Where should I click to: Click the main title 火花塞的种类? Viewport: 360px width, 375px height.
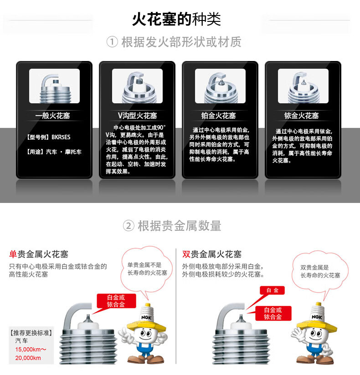pyautogui.click(x=176, y=19)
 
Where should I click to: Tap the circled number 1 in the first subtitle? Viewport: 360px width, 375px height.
pyautogui.click(x=112, y=42)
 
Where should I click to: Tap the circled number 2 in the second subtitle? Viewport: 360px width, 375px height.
pyautogui.click(x=129, y=226)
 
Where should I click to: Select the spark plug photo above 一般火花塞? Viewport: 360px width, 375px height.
pyautogui.click(x=54, y=86)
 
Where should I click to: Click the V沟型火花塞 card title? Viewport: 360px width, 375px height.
pyautogui.click(x=137, y=116)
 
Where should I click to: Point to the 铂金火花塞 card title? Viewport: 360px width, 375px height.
pyautogui.click(x=218, y=116)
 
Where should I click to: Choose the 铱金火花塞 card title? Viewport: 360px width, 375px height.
pyautogui.click(x=301, y=116)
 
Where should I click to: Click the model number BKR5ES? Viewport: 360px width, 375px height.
pyautogui.click(x=61, y=137)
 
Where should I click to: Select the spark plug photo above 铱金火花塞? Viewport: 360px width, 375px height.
pyautogui.click(x=303, y=86)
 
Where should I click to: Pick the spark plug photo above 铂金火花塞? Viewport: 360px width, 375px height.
pyautogui.click(x=220, y=86)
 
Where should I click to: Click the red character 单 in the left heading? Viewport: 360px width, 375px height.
pyautogui.click(x=13, y=254)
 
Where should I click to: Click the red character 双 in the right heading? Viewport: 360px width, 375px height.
pyautogui.click(x=186, y=254)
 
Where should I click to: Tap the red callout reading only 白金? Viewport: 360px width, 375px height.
pyautogui.click(x=273, y=290)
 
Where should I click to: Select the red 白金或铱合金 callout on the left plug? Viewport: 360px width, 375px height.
pyautogui.click(x=116, y=301)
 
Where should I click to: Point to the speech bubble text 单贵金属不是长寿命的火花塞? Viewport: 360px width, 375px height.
pyautogui.click(x=147, y=269)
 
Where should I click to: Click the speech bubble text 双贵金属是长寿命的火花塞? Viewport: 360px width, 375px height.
pyautogui.click(x=320, y=271)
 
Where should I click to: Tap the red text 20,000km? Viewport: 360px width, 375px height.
pyautogui.click(x=28, y=358)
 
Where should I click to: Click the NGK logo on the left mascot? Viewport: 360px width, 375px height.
pyautogui.click(x=146, y=317)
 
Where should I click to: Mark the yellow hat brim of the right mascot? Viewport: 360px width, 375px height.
pyautogui.click(x=317, y=326)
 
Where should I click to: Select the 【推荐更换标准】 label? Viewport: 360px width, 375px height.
pyautogui.click(x=31, y=333)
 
